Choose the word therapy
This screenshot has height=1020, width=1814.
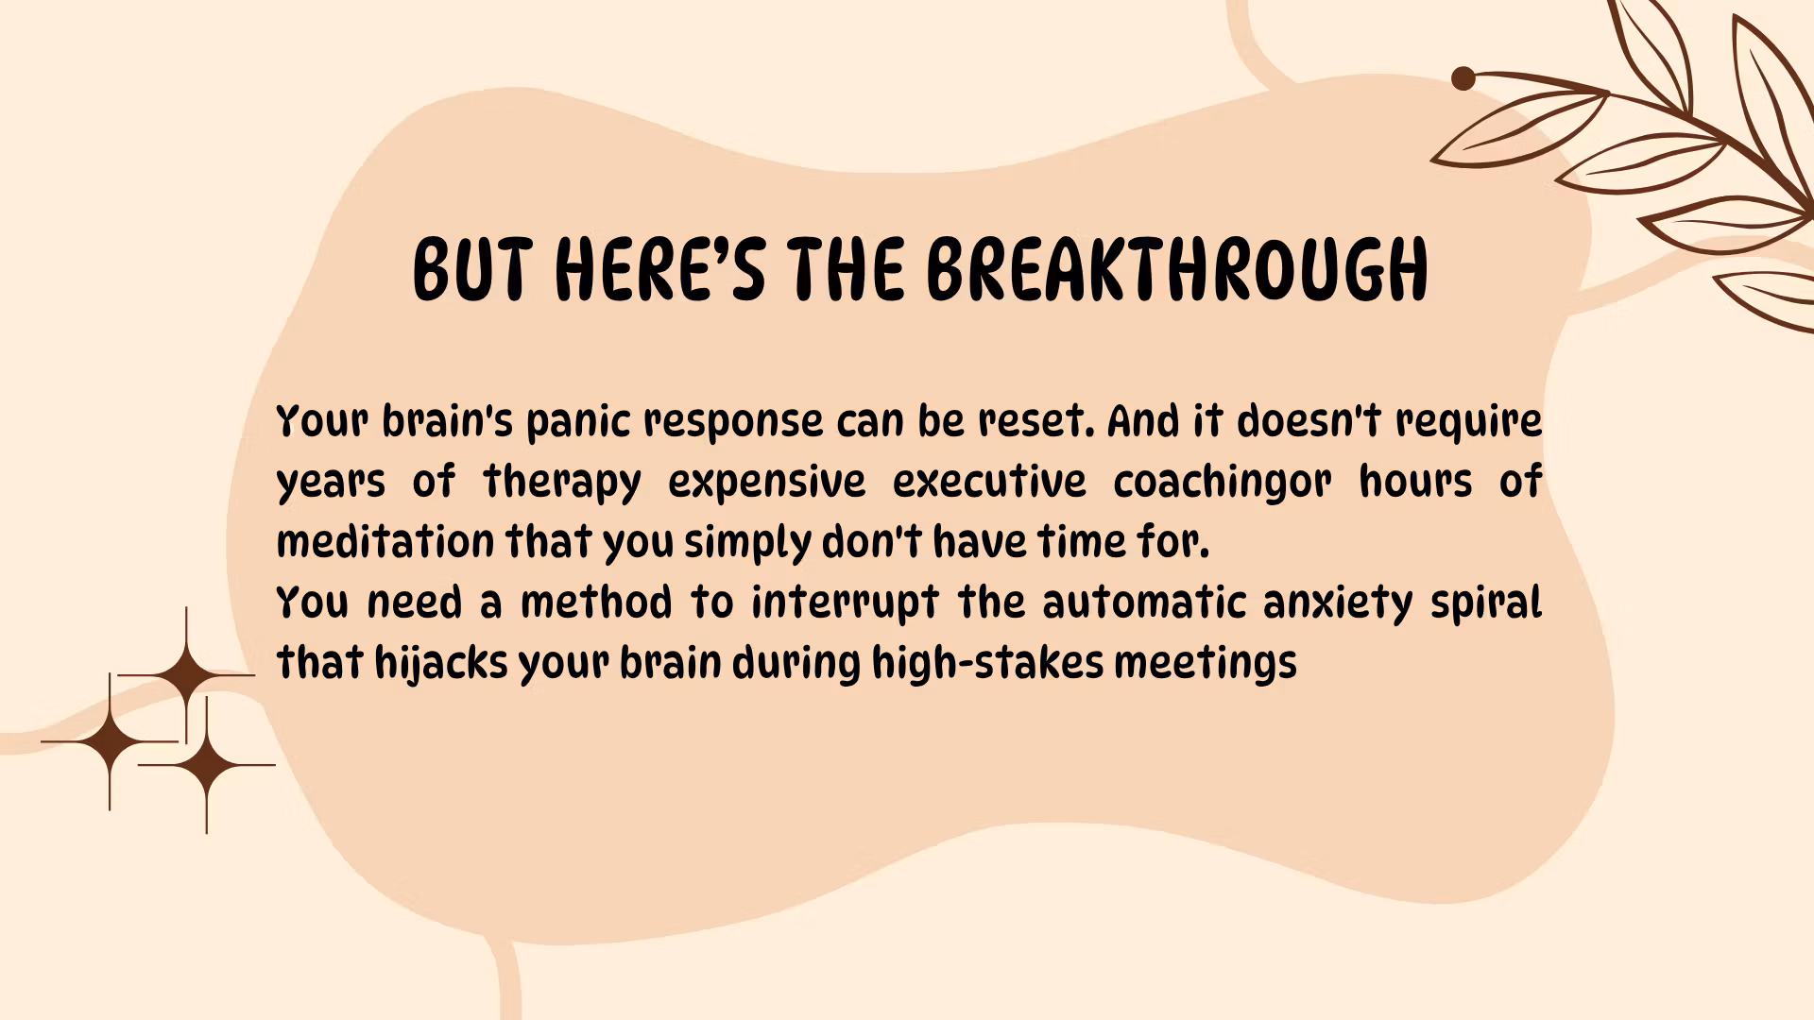pos(561,483)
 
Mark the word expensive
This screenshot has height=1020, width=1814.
pos(767,483)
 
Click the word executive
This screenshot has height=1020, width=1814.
pos(989,482)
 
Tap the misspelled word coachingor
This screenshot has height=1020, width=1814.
pos(1222,483)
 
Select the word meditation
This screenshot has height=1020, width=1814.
pos(385,542)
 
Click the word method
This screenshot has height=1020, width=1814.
pos(596,603)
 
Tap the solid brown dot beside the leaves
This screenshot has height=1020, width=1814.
pos(1463,78)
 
